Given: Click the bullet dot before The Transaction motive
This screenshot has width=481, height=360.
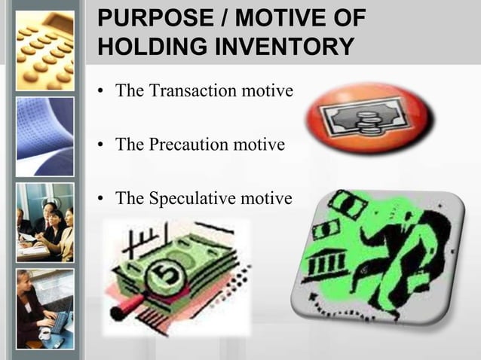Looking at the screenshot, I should point(102,93).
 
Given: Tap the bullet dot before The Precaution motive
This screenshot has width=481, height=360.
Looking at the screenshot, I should point(102,144).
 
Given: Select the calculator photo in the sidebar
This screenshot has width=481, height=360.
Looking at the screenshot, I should point(45,45).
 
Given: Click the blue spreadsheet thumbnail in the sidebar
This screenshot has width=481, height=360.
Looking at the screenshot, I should point(45,136).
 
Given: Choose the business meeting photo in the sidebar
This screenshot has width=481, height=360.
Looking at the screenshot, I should point(45,222).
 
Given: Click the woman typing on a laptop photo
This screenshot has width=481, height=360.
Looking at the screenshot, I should point(45,309).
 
